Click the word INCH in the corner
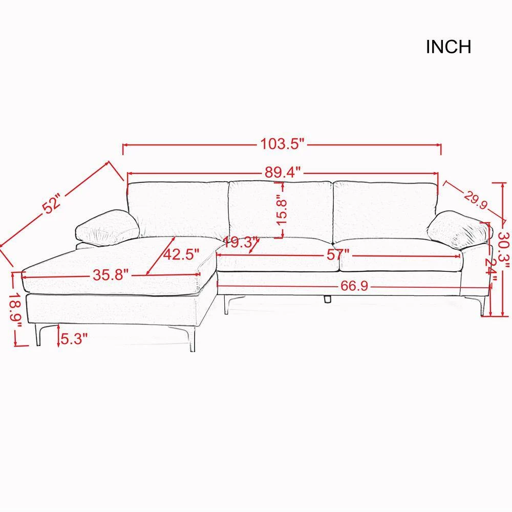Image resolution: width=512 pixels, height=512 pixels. point(449,47)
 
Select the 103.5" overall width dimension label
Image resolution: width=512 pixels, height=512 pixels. point(282,144)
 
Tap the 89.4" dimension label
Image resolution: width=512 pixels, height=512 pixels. point(282,172)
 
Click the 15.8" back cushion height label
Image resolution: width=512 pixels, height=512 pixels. point(282,209)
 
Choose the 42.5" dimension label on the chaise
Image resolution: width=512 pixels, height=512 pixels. point(181,254)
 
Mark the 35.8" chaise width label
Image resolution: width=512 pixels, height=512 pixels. point(111,275)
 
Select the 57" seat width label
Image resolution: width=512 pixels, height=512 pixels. point(338,254)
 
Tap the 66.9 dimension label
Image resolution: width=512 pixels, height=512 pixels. point(354,286)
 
